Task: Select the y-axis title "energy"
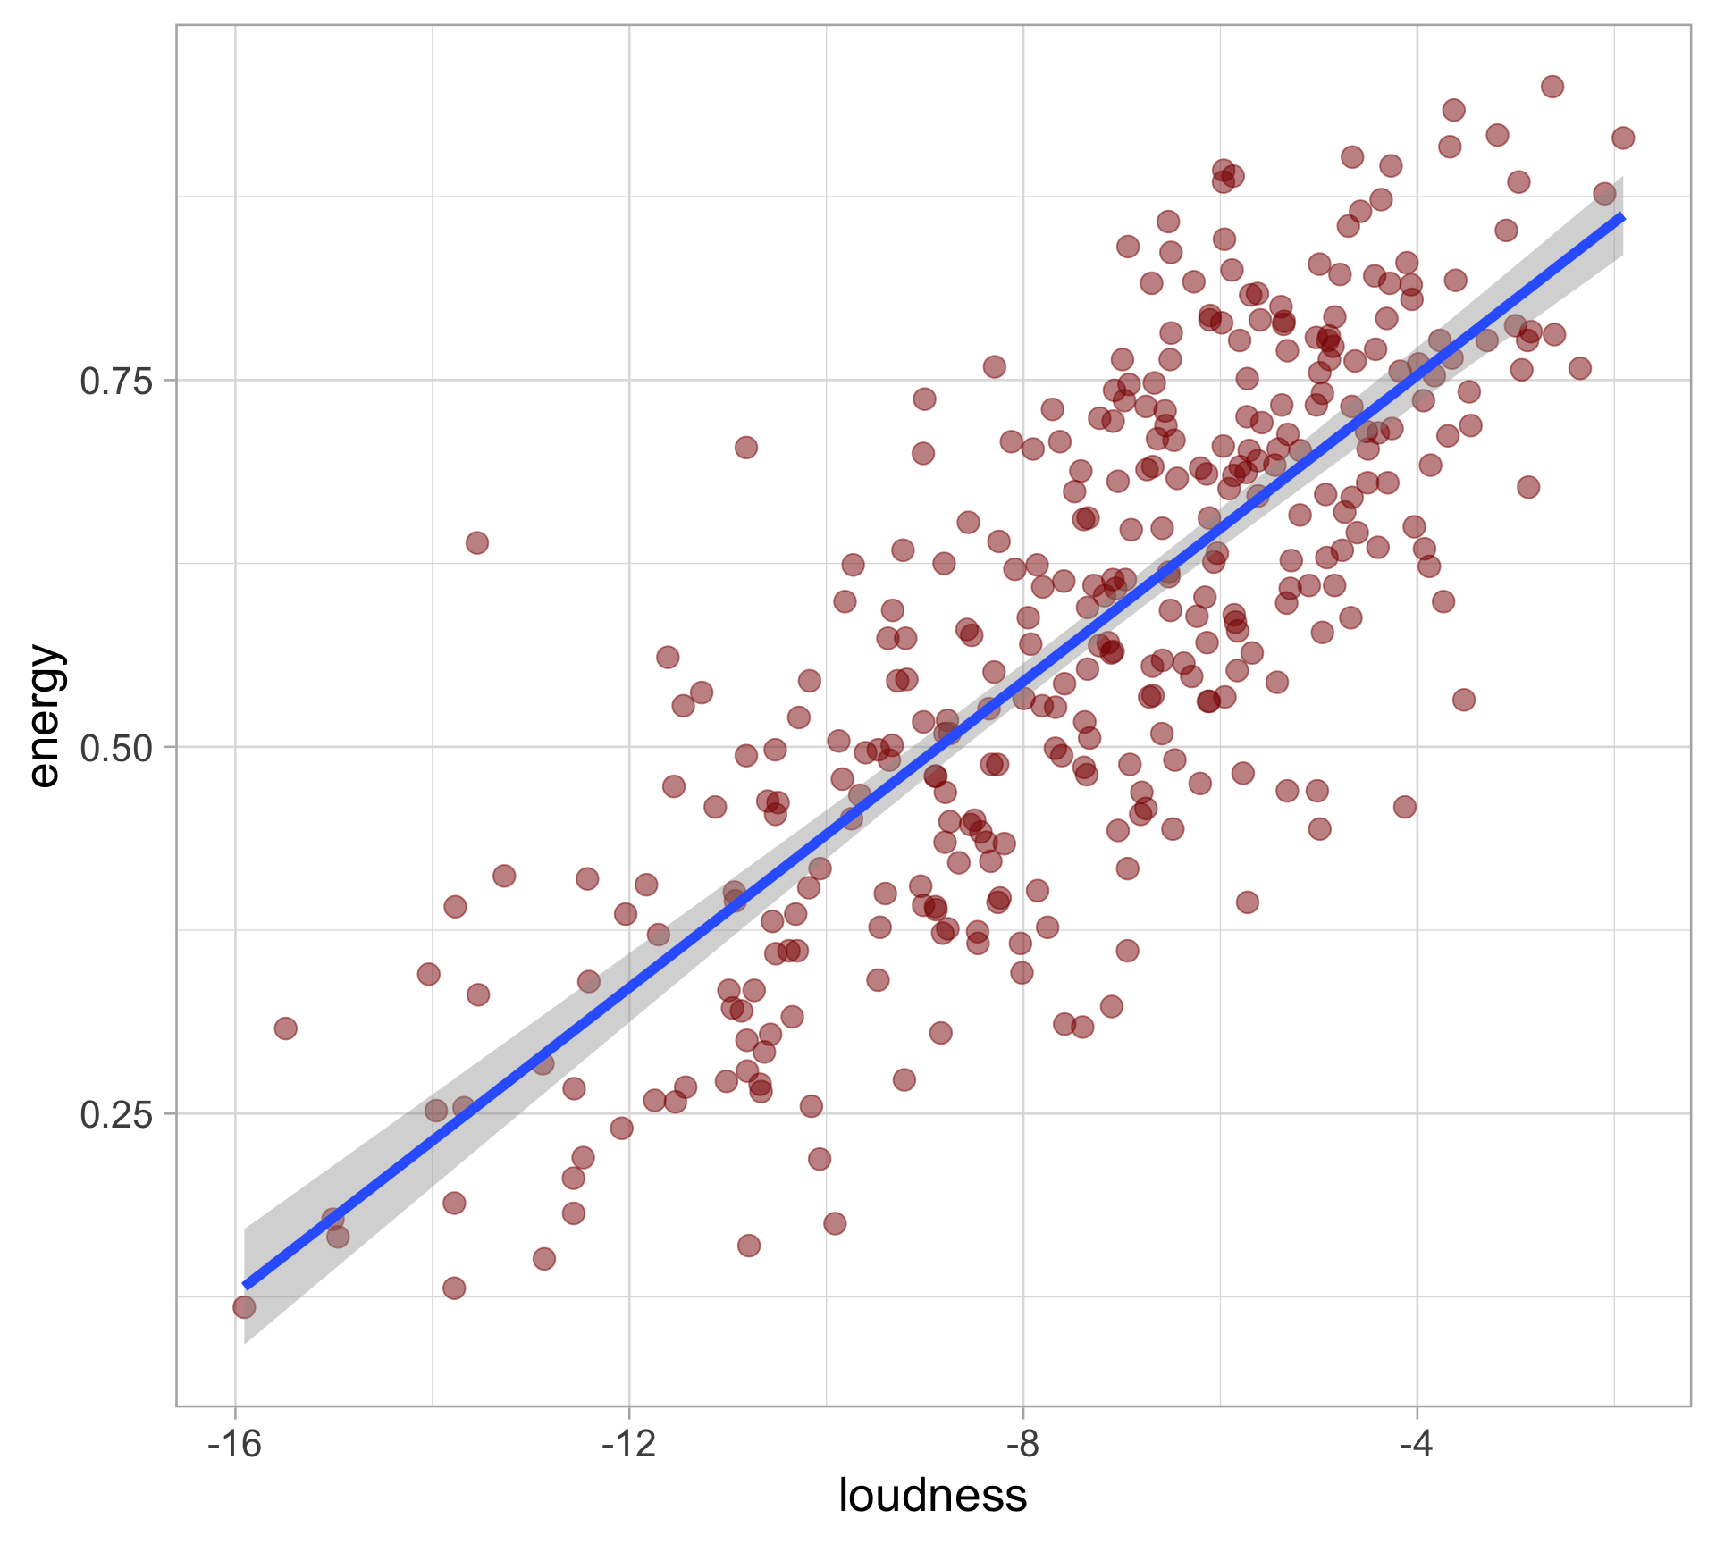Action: [45, 716]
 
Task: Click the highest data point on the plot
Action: [1552, 87]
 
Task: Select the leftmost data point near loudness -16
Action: [244, 1307]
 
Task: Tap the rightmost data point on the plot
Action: [1623, 138]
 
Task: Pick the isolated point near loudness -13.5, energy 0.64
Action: [477, 542]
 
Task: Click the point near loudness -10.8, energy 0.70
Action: [746, 448]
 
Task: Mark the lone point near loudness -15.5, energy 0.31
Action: [286, 1028]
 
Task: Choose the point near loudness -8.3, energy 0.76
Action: [994, 366]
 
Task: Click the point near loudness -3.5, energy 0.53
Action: [1463, 700]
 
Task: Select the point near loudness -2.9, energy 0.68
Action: [1528, 487]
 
